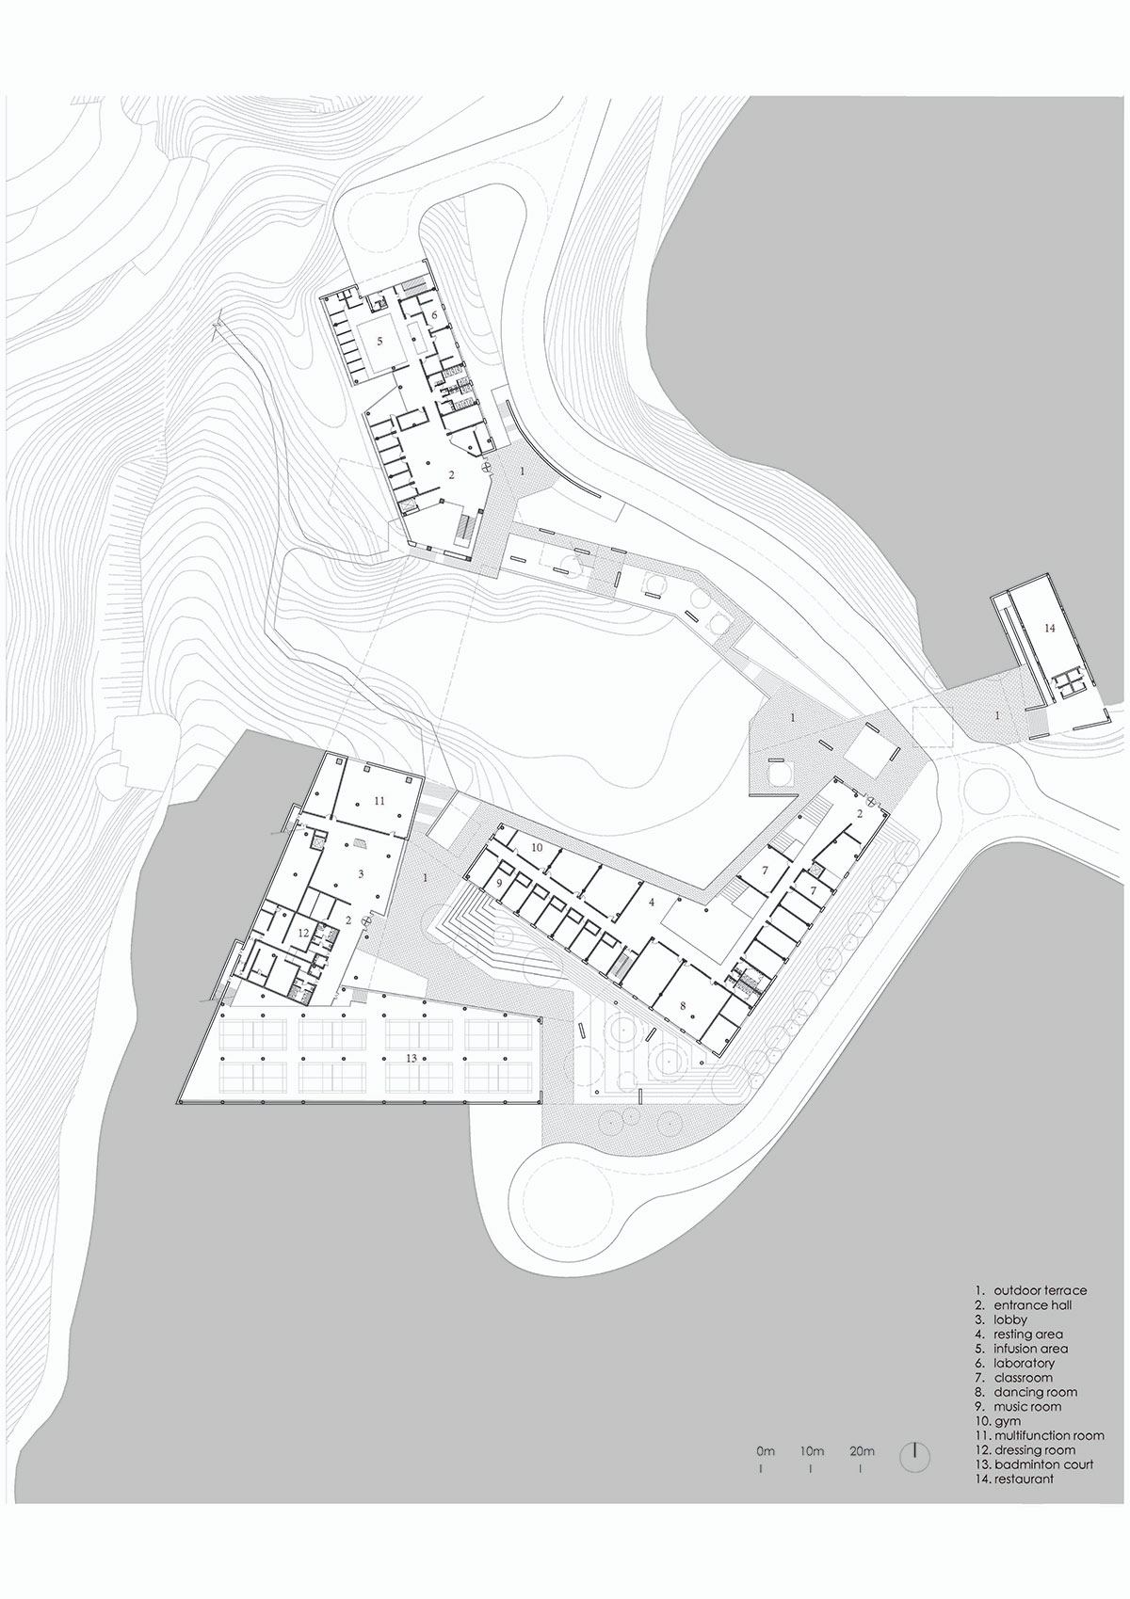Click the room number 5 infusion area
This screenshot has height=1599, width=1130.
pyautogui.click(x=380, y=342)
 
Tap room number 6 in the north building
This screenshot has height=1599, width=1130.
pyautogui.click(x=433, y=314)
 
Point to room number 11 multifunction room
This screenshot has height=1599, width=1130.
pyautogui.click(x=379, y=801)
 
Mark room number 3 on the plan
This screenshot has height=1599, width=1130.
pyautogui.click(x=361, y=873)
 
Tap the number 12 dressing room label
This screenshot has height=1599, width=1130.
pyautogui.click(x=303, y=933)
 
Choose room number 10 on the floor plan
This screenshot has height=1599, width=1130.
pyautogui.click(x=538, y=847)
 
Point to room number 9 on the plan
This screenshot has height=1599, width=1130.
pyautogui.click(x=499, y=883)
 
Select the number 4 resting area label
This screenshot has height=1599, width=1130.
pyautogui.click(x=652, y=903)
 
